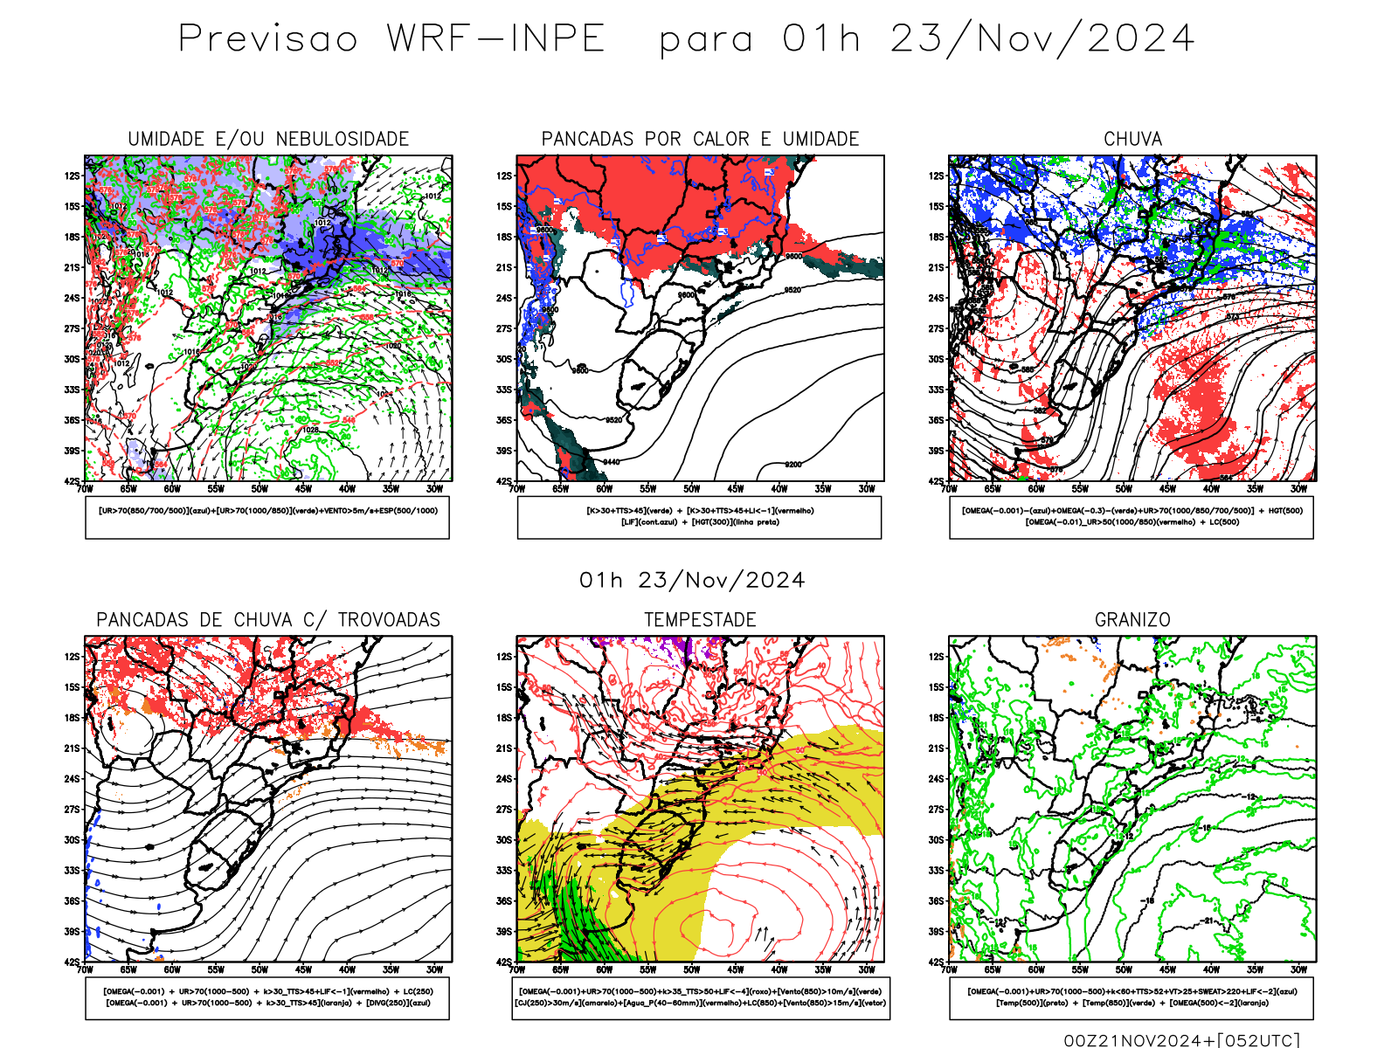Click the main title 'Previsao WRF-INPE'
pyautogui.click(x=391, y=39)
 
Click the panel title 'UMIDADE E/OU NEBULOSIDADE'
pyautogui.click(x=268, y=139)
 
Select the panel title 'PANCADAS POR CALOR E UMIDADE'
pyautogui.click(x=700, y=139)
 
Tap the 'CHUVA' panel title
pyautogui.click(x=1132, y=139)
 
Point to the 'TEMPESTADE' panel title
pyautogui.click(x=700, y=620)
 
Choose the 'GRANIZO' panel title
pyautogui.click(x=1132, y=620)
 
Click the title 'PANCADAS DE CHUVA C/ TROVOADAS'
pyautogui.click(x=268, y=620)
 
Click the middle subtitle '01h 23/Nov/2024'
pyautogui.click(x=692, y=581)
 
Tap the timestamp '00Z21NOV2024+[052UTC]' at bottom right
pyautogui.click(x=1181, y=1040)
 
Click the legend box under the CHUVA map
pyautogui.click(x=1132, y=517)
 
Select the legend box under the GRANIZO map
pyautogui.click(x=1132, y=997)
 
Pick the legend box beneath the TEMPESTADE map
pyautogui.click(x=700, y=997)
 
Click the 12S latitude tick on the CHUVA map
pyautogui.click(x=937, y=176)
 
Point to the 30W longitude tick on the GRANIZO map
pyautogui.click(x=1298, y=969)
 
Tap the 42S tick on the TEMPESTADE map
pyautogui.click(x=504, y=962)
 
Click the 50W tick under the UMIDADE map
pyautogui.click(x=260, y=489)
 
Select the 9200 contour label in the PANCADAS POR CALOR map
pyautogui.click(x=792, y=465)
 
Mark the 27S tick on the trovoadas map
pyautogui.click(x=72, y=810)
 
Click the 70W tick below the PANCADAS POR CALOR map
pyautogui.click(x=517, y=489)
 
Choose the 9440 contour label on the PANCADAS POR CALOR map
pyautogui.click(x=611, y=462)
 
